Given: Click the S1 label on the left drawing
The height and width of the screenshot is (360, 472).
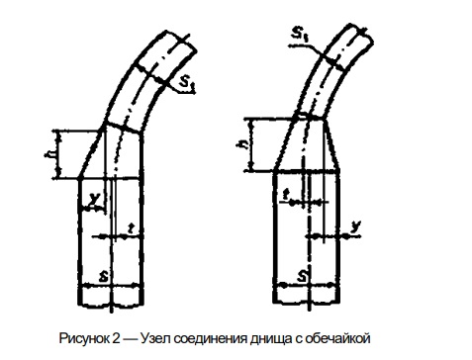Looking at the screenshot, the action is point(188,83).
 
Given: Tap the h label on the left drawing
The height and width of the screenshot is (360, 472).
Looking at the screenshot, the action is point(49,154).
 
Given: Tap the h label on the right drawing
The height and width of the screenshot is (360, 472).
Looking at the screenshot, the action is point(243,144).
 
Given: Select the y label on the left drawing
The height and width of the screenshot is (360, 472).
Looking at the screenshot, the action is point(95,199).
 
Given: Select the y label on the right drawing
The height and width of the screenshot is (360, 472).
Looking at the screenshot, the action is point(355,226).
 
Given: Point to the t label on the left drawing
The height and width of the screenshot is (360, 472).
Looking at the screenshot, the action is point(132,227).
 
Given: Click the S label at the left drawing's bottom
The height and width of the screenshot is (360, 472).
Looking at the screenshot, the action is point(104,276).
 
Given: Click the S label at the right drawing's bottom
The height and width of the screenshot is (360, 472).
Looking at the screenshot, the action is point(302,276).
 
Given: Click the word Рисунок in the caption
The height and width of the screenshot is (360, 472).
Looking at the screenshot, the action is point(83,338).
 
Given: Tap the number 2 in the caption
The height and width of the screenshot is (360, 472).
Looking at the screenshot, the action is point(116,338).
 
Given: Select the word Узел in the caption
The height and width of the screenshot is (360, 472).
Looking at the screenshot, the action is point(155,338).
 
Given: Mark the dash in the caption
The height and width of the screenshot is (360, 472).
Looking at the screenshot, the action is point(131,339).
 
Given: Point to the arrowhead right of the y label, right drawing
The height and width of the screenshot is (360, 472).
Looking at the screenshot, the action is point(345,236).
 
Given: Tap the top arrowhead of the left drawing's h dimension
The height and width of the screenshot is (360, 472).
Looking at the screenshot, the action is point(58,135).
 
